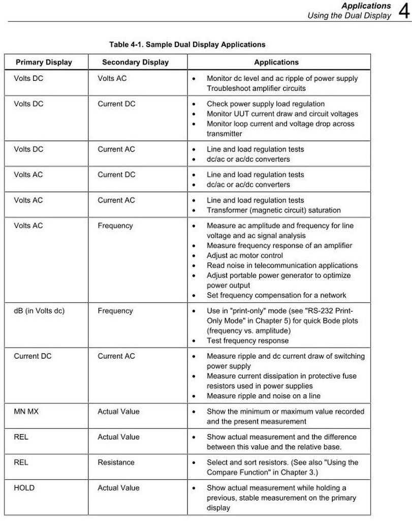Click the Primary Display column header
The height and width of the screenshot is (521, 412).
pyautogui.click(x=44, y=62)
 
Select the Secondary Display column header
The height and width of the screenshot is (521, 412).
pyautogui.click(x=135, y=62)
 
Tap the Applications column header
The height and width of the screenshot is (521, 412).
pyautogui.click(x=276, y=62)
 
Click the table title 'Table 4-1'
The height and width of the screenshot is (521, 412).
pyautogui.click(x=187, y=44)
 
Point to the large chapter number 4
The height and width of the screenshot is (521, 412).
pyautogui.click(x=404, y=11)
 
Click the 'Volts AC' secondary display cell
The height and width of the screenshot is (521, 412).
pyautogui.click(x=112, y=78)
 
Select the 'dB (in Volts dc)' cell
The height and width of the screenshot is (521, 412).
pyautogui.click(x=39, y=311)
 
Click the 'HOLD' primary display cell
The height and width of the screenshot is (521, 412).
pyautogui.click(x=24, y=488)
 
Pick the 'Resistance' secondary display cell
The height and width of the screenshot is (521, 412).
pyautogui.click(x=116, y=462)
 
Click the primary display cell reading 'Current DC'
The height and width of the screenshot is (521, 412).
pyautogui.click(x=33, y=356)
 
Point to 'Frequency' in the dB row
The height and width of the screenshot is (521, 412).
pyautogui.click(x=115, y=311)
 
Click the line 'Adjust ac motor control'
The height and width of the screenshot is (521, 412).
pyautogui.click(x=245, y=255)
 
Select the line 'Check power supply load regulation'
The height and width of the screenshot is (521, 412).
pyautogui.click(x=266, y=104)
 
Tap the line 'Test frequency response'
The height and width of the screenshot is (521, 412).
pyautogui.click(x=247, y=341)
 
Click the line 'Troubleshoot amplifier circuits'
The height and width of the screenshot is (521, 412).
pyautogui.click(x=256, y=89)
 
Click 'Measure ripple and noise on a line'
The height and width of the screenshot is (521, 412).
pyautogui.click(x=264, y=396)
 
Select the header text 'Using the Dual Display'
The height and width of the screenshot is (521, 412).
pyautogui.click(x=349, y=16)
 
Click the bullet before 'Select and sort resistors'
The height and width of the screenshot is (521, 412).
pyautogui.click(x=194, y=462)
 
